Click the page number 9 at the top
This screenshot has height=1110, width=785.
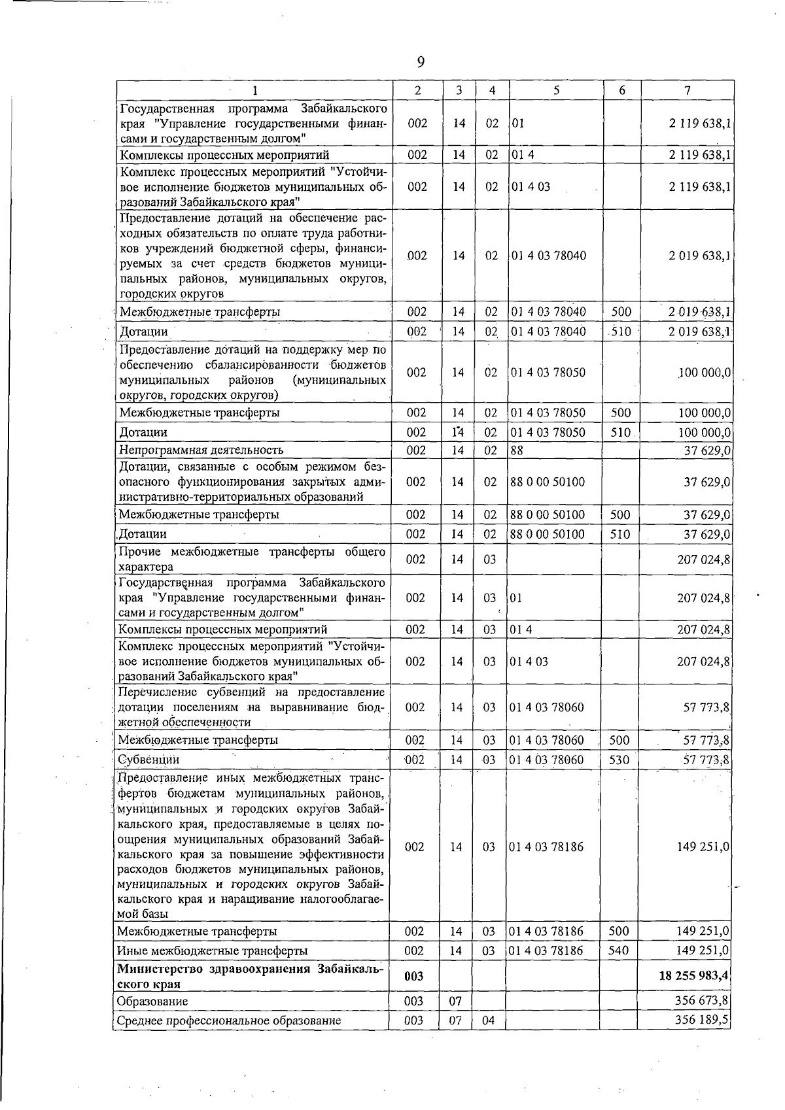[x=420, y=62]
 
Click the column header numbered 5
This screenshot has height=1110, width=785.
[x=555, y=91]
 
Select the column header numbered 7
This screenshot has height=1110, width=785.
[x=687, y=91]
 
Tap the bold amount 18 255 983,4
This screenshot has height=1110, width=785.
[x=693, y=976]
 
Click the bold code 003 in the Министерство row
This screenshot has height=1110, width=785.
[x=414, y=976]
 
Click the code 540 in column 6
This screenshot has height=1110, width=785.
[x=618, y=950]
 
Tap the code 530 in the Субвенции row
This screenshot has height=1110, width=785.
[x=618, y=760]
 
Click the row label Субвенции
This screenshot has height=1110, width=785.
[x=148, y=760]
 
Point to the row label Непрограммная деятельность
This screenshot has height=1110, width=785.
[x=201, y=450]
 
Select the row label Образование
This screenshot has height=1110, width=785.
[x=152, y=1001]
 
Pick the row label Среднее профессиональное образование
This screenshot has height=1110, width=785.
[x=229, y=1020]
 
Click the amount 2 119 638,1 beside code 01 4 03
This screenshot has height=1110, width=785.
[x=699, y=186]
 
